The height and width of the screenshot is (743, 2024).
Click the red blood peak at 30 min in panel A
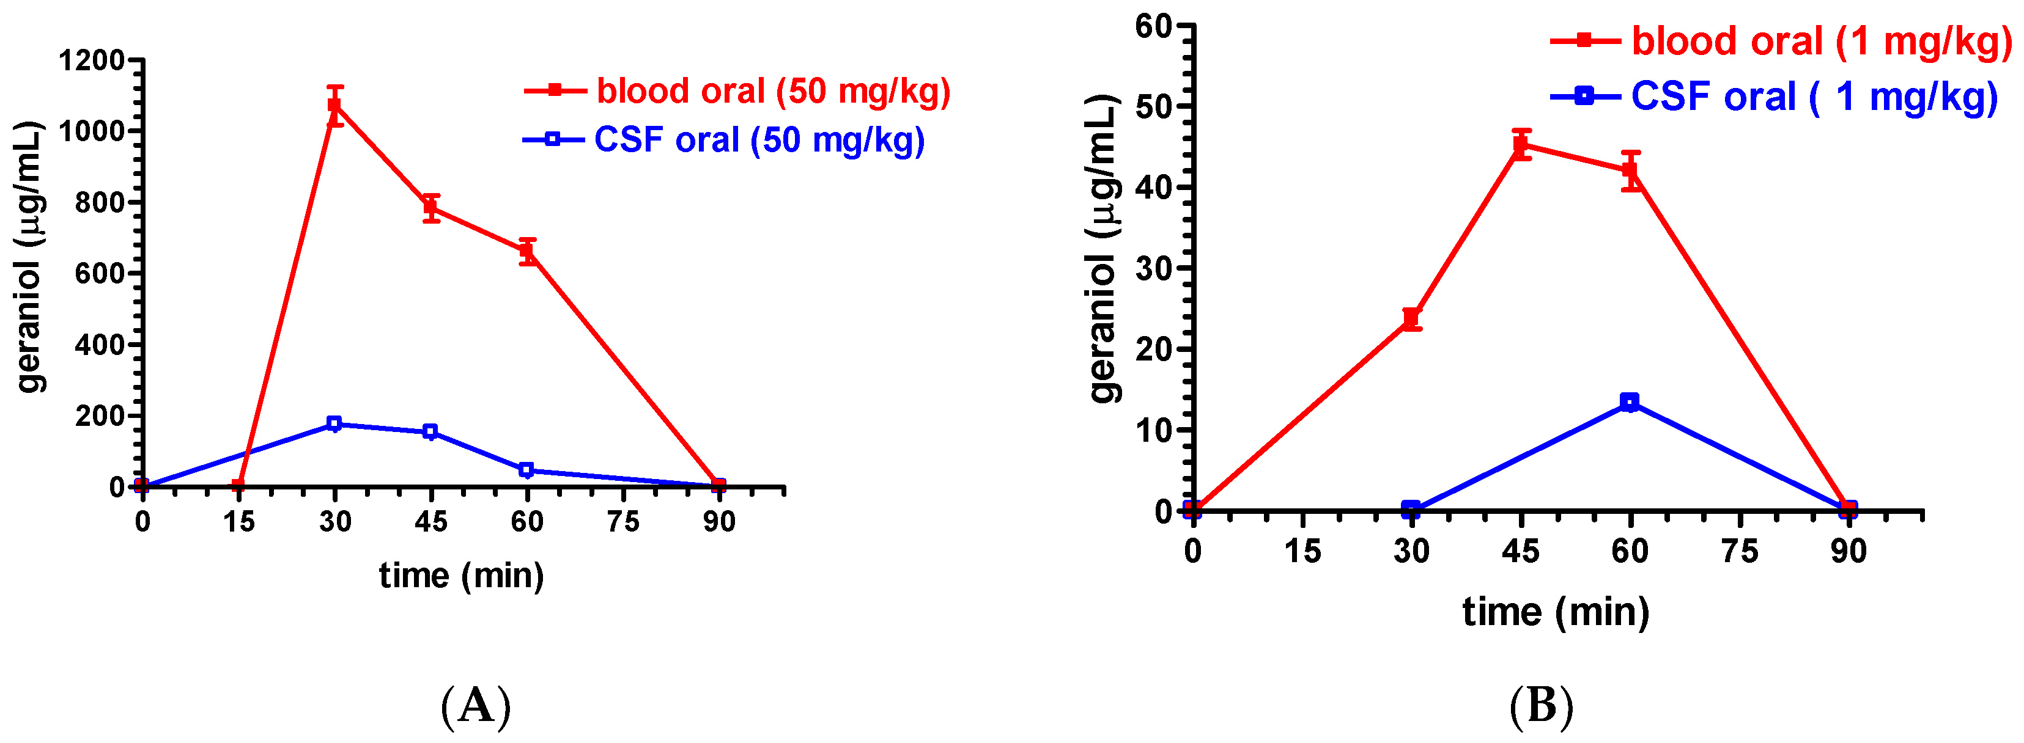334,105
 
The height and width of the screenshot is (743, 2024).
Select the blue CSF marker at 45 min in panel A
430,431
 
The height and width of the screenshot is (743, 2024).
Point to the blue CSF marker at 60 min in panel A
526,470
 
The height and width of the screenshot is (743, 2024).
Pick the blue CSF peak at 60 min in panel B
1630,402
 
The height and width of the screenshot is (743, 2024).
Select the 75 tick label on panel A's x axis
623,522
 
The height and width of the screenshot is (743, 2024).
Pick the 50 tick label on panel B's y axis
1153,106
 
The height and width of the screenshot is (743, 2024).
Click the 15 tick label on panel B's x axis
1302,551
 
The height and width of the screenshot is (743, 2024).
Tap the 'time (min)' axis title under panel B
1555,612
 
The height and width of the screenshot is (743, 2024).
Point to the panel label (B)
1542,705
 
